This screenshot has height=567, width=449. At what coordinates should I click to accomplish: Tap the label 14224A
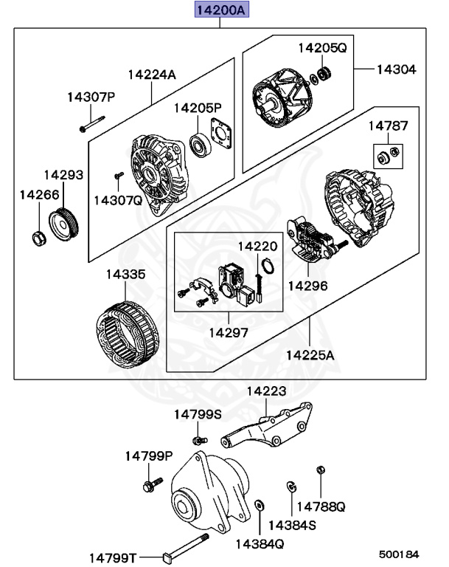coord(152,74)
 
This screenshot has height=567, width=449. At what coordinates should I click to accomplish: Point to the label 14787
coord(388,126)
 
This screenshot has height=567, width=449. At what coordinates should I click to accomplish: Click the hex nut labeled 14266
coord(37,238)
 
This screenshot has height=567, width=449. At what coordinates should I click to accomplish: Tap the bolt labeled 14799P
coord(147,485)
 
